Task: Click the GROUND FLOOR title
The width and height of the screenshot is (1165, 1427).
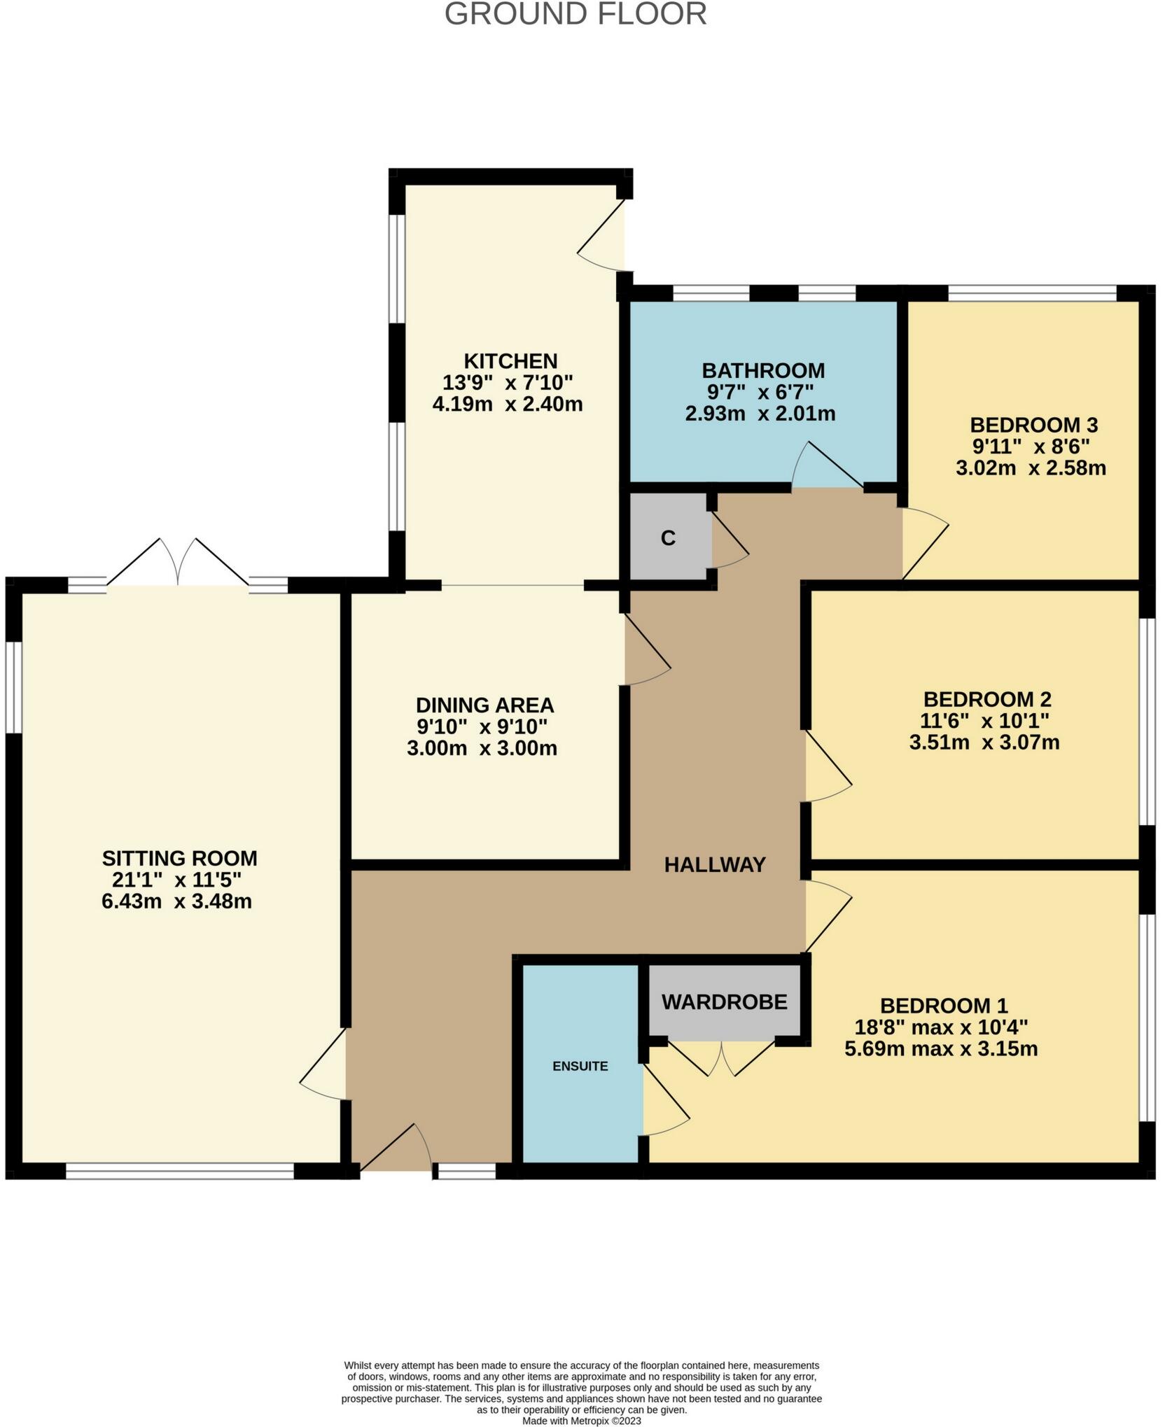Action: pos(575,14)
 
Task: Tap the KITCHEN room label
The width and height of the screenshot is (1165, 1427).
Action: pos(510,361)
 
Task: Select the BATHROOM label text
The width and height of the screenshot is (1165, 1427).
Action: pos(763,370)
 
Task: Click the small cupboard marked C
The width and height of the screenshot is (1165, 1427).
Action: pos(668,538)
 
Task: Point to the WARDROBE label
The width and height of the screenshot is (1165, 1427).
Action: pos(724,1002)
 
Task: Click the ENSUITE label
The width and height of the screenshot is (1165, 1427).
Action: pos(580,1066)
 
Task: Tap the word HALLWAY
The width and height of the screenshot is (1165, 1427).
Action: pos(714,865)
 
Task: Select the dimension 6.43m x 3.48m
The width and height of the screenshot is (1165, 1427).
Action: pos(176,901)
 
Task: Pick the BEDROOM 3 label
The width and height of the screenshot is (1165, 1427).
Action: pos(1033,425)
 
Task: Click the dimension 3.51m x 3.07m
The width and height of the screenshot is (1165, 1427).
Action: pos(984,742)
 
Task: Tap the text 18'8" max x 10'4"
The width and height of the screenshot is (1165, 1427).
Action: pos(940,1027)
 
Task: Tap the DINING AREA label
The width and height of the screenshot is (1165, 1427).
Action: pos(484,705)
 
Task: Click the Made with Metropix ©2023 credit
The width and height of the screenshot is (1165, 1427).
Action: pos(581,1421)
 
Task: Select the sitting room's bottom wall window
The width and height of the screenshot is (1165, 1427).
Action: pos(180,1167)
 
